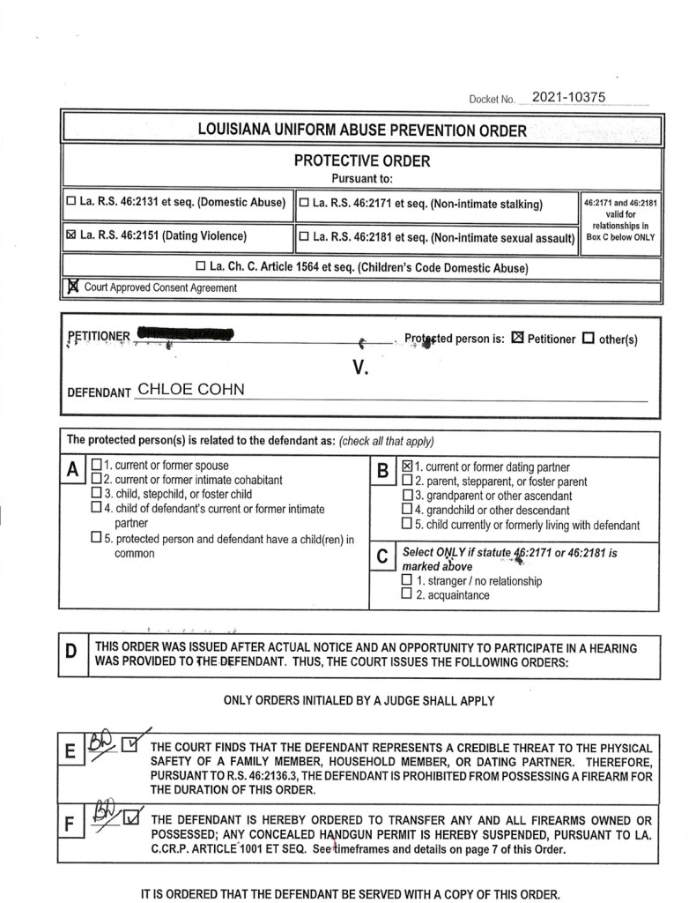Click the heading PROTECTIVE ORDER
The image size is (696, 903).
coord(362,161)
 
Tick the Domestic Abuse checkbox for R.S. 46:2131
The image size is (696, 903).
coord(71,203)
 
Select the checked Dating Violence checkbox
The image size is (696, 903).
coord(71,235)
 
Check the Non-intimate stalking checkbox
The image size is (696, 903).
coord(304,203)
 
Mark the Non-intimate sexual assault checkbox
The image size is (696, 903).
coord(304,235)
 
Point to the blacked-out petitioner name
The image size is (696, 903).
coord(184,334)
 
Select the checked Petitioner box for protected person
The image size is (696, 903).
coord(518,338)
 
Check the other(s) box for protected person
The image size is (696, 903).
coord(589,338)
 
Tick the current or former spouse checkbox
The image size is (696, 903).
coord(96,466)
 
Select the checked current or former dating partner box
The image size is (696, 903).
coord(408,466)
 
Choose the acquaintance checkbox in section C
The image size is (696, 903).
coord(406,595)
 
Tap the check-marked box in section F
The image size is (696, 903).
coord(131,819)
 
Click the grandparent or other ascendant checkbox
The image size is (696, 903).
coord(406,496)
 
